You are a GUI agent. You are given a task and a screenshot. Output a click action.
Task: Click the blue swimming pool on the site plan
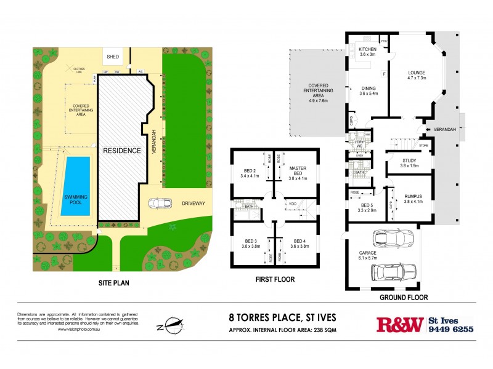pyautogui.click(x=75, y=186)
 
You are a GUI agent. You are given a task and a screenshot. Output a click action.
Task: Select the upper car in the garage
pyautogui.click(x=394, y=238)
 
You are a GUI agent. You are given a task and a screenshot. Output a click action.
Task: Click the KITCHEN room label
pyautogui.click(x=368, y=49)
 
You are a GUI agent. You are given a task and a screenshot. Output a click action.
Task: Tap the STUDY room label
pyautogui.click(x=409, y=162)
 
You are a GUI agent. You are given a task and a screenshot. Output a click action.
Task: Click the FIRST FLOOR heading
pyautogui.click(x=274, y=279)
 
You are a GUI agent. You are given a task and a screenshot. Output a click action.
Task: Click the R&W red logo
pyautogui.click(x=400, y=325)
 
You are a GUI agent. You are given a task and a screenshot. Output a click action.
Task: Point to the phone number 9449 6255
pyautogui.click(x=451, y=330)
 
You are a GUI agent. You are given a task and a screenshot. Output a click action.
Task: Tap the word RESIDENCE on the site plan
pyautogui.click(x=121, y=150)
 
